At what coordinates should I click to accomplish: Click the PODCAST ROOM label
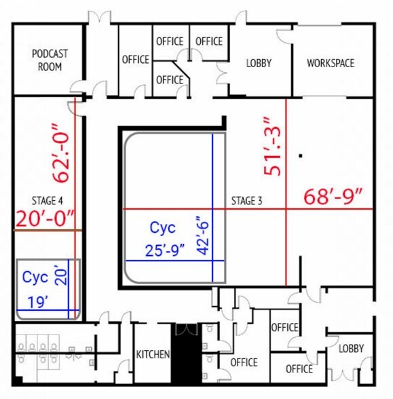coord(50,60)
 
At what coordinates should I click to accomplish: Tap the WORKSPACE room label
coord(331,63)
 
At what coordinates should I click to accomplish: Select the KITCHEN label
coord(153,354)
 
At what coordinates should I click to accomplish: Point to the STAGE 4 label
coord(47,201)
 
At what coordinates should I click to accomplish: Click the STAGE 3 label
coord(246,201)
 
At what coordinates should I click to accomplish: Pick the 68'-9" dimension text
coord(333,196)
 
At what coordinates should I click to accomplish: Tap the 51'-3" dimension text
coord(272,147)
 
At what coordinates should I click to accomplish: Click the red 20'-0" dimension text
coord(45,218)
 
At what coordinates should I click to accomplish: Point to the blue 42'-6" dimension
coord(203,235)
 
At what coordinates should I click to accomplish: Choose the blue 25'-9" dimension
coord(165,250)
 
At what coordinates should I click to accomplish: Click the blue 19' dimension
coord(38,302)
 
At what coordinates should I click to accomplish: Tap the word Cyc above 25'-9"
coord(163,227)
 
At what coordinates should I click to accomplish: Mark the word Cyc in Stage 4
coord(35,277)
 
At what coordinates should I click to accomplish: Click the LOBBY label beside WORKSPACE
coord(259,63)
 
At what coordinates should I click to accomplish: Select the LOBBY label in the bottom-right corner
coord(351,348)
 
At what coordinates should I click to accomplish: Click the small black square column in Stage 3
coord(301,156)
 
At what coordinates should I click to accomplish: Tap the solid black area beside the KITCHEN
coord(186,354)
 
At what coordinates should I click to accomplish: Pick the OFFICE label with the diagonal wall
coord(170,80)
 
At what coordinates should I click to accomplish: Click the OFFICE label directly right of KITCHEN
coord(244,362)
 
